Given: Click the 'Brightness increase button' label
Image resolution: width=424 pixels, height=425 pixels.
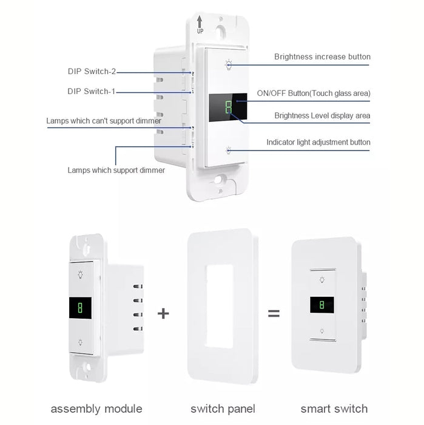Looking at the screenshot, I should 322,57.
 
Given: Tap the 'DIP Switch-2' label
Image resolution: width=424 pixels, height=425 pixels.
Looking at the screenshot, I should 92,71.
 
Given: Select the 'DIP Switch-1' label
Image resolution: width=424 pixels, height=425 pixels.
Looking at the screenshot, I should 92,92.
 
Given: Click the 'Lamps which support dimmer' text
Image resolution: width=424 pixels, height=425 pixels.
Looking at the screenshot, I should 116,171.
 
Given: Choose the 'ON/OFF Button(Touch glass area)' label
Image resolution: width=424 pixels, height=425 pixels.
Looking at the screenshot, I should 314,93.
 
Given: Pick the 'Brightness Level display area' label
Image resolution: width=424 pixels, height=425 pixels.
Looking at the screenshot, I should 322,115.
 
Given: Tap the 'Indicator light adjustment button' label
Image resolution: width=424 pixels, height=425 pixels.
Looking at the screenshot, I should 318,143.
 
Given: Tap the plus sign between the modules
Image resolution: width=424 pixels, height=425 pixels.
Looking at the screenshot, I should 163,313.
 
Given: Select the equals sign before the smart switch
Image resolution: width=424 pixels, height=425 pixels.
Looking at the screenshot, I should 274,314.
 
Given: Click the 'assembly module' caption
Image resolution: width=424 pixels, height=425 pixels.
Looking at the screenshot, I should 96,409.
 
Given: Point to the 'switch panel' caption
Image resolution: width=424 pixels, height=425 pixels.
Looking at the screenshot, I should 223,409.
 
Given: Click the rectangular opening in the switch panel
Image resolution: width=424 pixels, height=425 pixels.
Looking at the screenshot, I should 219,306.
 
